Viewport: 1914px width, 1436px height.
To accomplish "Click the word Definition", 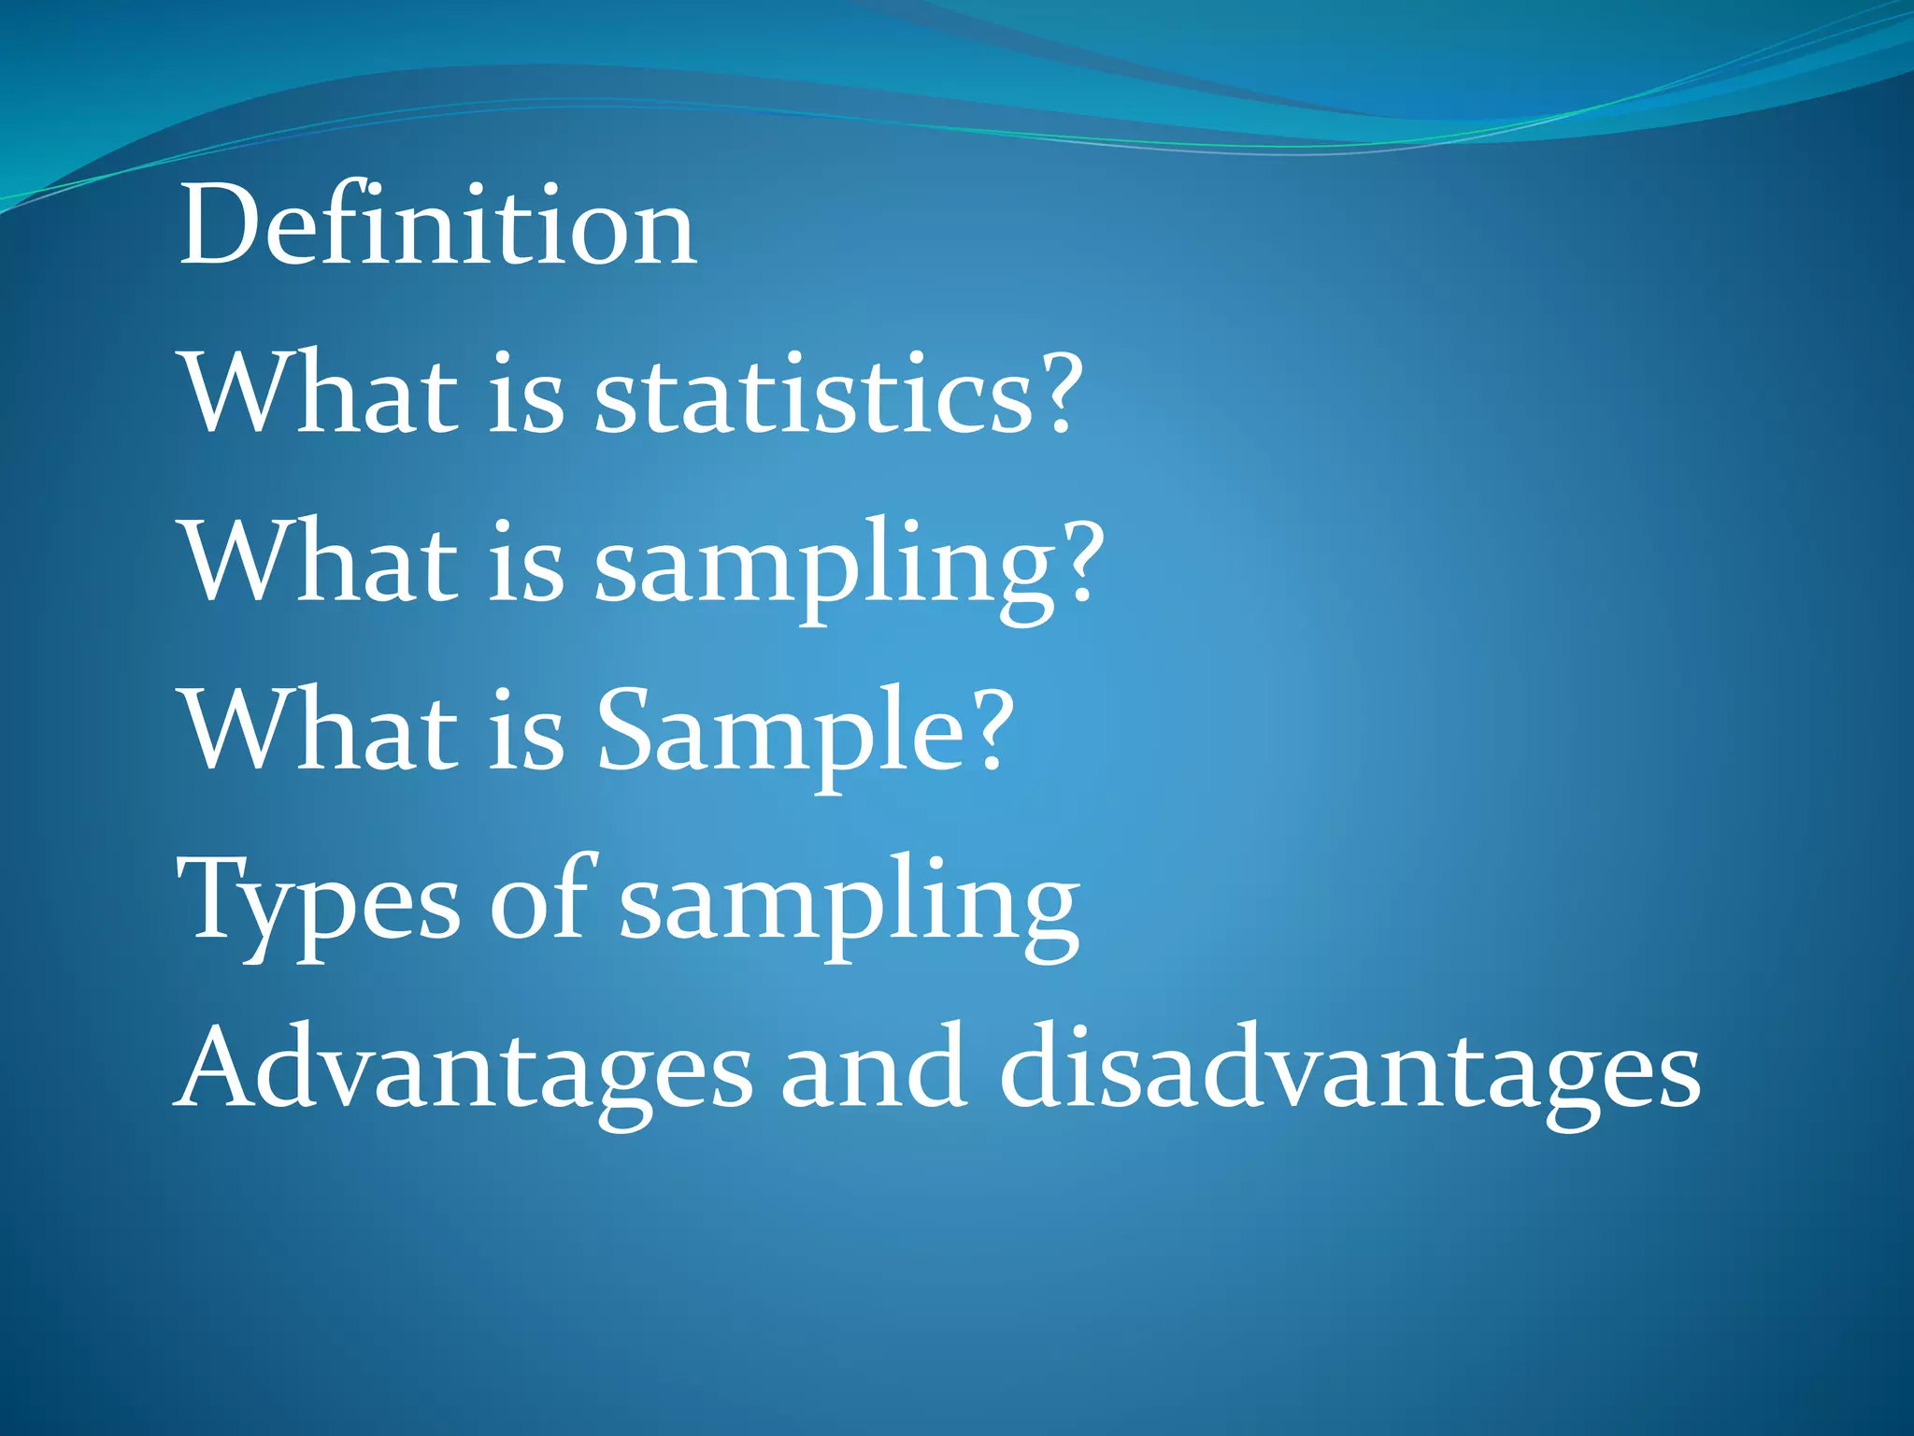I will click(x=437, y=226).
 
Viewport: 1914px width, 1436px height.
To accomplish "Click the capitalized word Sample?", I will click(x=805, y=734).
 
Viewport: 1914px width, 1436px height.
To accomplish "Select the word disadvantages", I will click(x=1350, y=1070).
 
